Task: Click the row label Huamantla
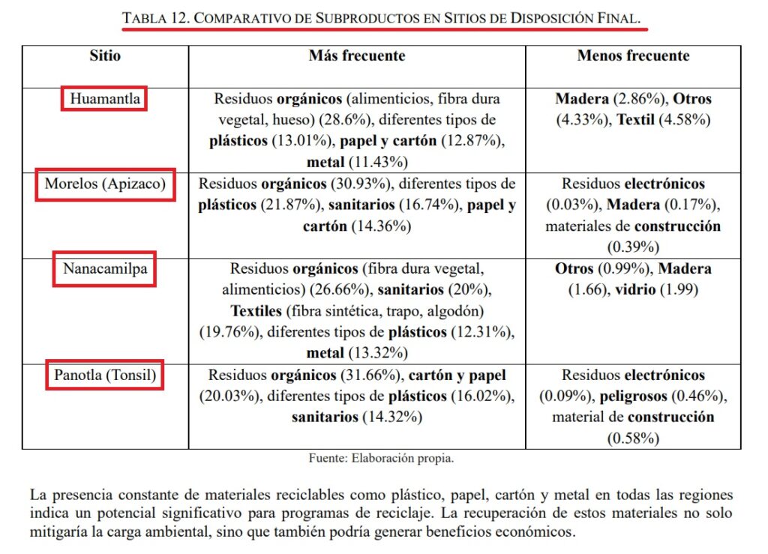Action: (x=104, y=98)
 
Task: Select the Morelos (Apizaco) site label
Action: (x=105, y=184)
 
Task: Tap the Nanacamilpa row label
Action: (x=104, y=268)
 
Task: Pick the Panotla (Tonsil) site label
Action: (x=105, y=375)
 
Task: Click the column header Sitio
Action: (x=104, y=56)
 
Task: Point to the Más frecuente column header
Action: (x=356, y=56)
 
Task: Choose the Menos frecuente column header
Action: (x=633, y=56)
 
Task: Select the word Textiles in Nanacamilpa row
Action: (x=260, y=310)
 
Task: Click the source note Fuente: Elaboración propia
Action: (x=381, y=458)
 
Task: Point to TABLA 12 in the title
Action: (x=154, y=19)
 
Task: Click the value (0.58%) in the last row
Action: (x=633, y=439)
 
